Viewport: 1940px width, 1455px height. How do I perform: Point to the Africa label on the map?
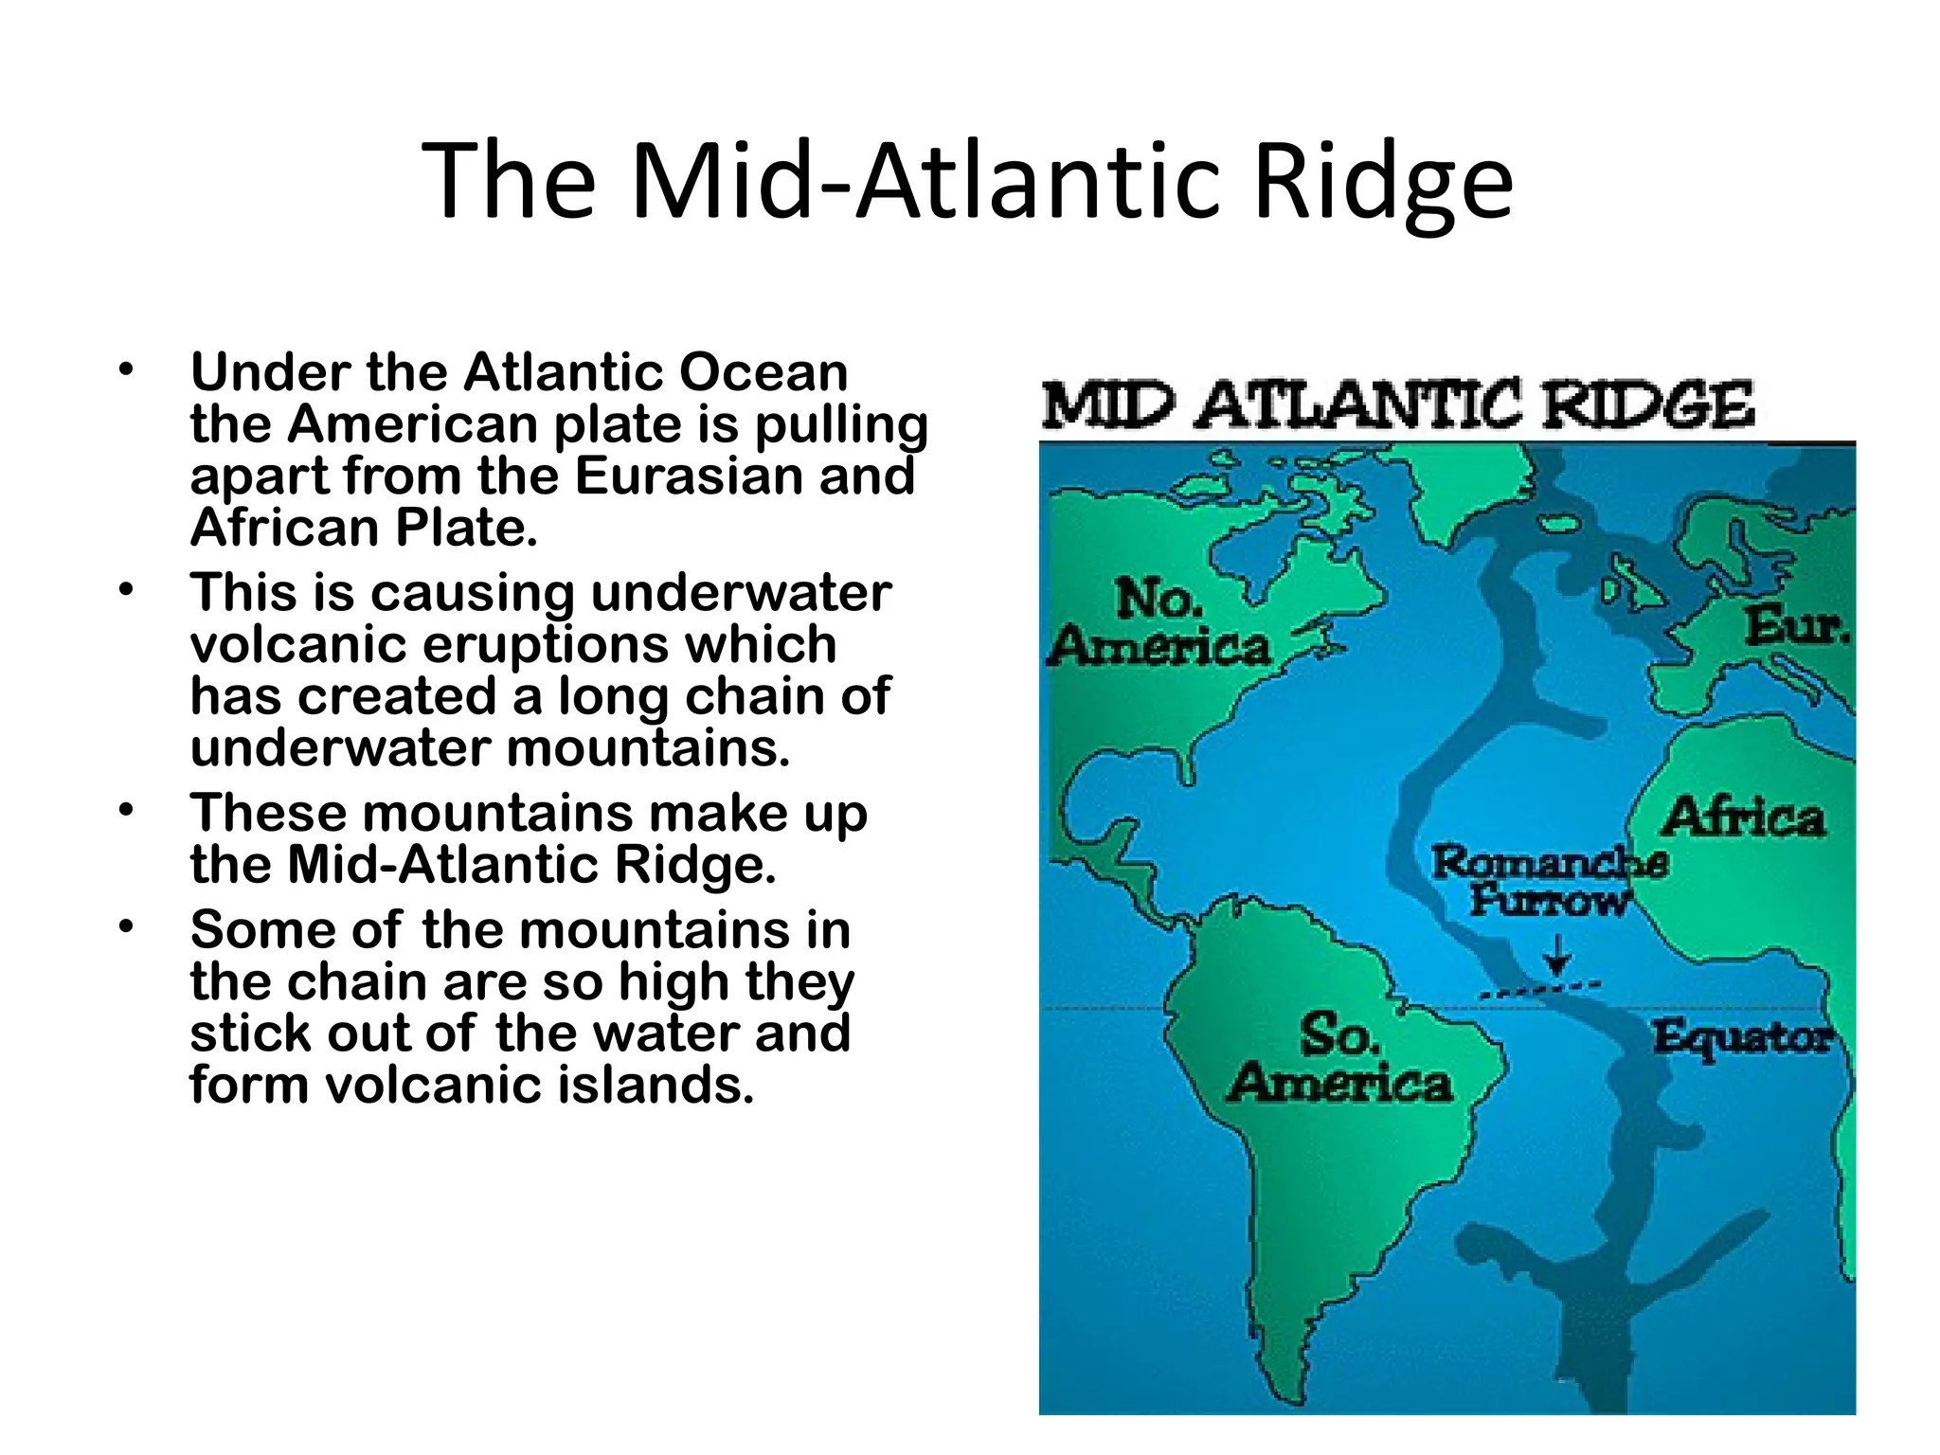pyautogui.click(x=1742, y=817)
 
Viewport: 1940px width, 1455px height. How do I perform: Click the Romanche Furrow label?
pyautogui.click(x=1549, y=880)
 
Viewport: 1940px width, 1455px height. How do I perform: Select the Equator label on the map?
pyautogui.click(x=1742, y=1036)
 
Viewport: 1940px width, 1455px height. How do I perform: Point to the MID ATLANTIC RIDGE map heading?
pyautogui.click(x=1398, y=405)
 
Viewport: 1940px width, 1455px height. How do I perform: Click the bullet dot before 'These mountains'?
pyautogui.click(x=126, y=811)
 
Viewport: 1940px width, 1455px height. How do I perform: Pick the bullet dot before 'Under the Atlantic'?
pyautogui.click(x=126, y=370)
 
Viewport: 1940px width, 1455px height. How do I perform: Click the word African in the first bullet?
pyautogui.click(x=285, y=528)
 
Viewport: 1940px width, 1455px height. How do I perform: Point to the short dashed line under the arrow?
pyautogui.click(x=1539, y=989)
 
